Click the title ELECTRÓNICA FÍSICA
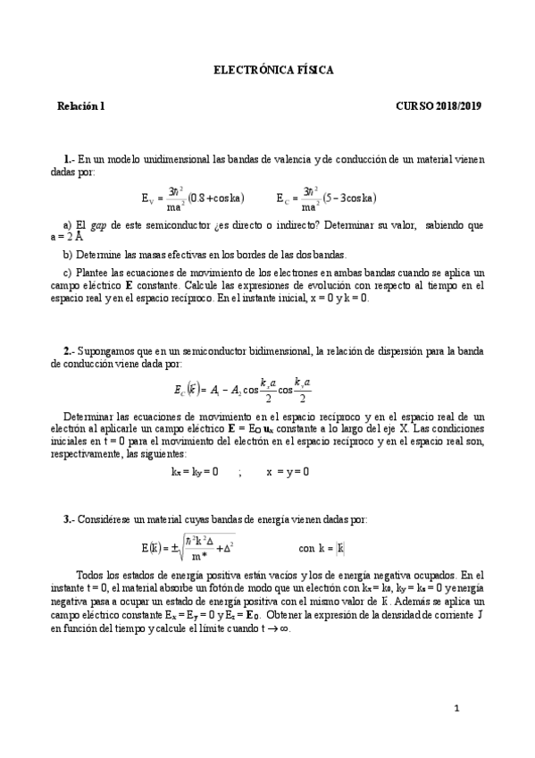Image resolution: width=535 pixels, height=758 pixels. tap(274, 70)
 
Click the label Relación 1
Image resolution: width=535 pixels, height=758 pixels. tap(81, 105)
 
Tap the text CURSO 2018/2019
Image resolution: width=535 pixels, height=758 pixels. tap(439, 105)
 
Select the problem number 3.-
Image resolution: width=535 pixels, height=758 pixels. tap(70, 519)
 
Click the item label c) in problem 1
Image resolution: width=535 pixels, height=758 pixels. tap(68, 272)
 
